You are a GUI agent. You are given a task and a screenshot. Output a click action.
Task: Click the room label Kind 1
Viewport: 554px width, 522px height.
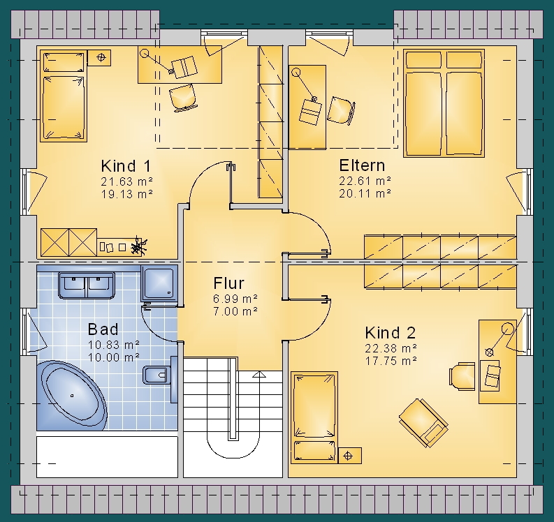(x=126, y=165)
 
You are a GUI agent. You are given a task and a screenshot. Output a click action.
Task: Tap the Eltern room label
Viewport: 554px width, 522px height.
(x=362, y=165)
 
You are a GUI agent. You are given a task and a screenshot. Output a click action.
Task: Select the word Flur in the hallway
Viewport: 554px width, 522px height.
(x=228, y=283)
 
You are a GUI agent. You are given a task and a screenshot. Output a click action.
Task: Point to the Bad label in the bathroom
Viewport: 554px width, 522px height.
(x=103, y=329)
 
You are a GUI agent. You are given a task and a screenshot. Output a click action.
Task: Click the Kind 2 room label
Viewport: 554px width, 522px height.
(x=391, y=332)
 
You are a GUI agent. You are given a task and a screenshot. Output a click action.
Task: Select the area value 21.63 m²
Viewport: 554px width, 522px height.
(x=127, y=181)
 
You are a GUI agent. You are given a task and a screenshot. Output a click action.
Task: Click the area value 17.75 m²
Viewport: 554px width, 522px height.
(x=391, y=361)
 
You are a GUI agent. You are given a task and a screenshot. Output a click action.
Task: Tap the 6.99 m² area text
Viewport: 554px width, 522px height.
(x=235, y=299)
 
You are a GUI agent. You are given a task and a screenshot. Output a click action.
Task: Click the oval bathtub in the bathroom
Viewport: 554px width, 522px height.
(x=72, y=396)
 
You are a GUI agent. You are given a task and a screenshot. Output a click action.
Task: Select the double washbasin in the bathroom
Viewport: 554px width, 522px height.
(x=87, y=285)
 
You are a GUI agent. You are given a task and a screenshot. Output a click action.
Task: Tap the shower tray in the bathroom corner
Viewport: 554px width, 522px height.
(x=159, y=283)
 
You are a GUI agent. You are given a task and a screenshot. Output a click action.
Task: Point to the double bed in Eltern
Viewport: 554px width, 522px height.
(x=444, y=103)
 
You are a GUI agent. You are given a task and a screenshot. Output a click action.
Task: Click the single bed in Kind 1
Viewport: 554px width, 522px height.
(x=64, y=96)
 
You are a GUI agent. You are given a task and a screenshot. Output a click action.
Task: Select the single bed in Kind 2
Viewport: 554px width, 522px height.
(x=314, y=417)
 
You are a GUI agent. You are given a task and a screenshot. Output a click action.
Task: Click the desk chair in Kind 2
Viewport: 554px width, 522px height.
(x=462, y=376)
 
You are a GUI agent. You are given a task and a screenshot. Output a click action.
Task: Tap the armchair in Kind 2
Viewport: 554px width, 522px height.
(x=423, y=423)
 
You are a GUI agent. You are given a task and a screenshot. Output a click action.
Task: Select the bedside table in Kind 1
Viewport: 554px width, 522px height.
(x=99, y=57)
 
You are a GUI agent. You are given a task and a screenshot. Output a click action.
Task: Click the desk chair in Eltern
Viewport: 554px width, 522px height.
(x=341, y=110)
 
